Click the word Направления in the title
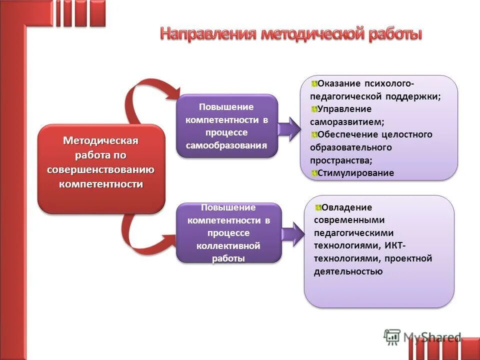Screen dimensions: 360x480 pyautogui.click(x=208, y=34)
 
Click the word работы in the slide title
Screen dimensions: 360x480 pyautogui.click(x=395, y=34)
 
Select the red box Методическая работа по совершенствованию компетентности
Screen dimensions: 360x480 pyautogui.click(x=101, y=168)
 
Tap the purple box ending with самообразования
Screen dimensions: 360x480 pyautogui.click(x=226, y=126)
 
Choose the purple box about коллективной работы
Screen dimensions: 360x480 pyautogui.click(x=228, y=233)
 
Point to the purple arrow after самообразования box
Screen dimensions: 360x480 pyautogui.click(x=289, y=128)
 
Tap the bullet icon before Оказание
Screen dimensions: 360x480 pyautogui.click(x=313, y=83)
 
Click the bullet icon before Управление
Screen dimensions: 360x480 pyautogui.click(x=313, y=109)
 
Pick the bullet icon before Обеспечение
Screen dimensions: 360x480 pyautogui.click(x=313, y=134)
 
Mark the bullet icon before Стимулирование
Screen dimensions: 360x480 pyautogui.click(x=313, y=173)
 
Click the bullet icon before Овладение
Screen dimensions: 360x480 pyautogui.click(x=318, y=207)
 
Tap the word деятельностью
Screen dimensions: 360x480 pyautogui.click(x=348, y=271)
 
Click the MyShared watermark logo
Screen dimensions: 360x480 pyautogui.click(x=422, y=337)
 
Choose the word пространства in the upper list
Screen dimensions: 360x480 pyautogui.click(x=340, y=160)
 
